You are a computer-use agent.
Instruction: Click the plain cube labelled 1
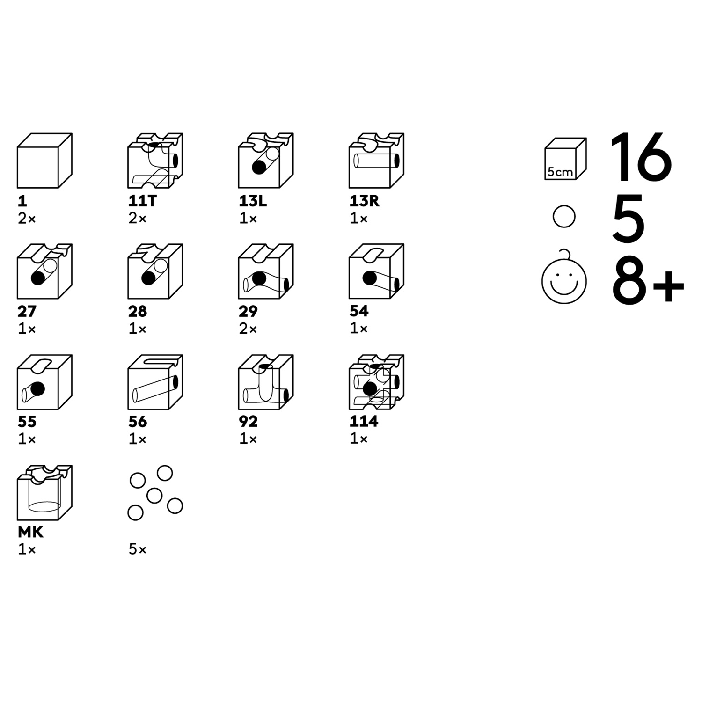click(44, 161)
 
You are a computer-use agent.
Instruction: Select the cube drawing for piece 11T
click(155, 161)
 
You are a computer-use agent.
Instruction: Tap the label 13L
click(253, 201)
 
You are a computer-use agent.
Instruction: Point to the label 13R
click(364, 201)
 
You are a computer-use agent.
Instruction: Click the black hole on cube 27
click(38, 278)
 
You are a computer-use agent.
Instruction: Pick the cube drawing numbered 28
click(155, 271)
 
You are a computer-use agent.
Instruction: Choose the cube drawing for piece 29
click(266, 271)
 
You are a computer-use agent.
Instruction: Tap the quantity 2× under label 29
click(248, 329)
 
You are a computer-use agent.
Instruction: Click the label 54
click(359, 311)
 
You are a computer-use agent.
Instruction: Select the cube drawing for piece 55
click(44, 382)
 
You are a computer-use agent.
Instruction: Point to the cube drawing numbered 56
click(155, 382)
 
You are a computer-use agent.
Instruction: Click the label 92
click(248, 422)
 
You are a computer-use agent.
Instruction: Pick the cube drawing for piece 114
click(376, 382)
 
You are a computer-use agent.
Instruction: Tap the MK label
click(30, 532)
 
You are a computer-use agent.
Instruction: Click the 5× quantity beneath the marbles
click(137, 549)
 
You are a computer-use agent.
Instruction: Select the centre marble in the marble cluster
click(154, 495)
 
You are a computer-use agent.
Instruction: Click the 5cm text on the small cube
click(560, 172)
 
